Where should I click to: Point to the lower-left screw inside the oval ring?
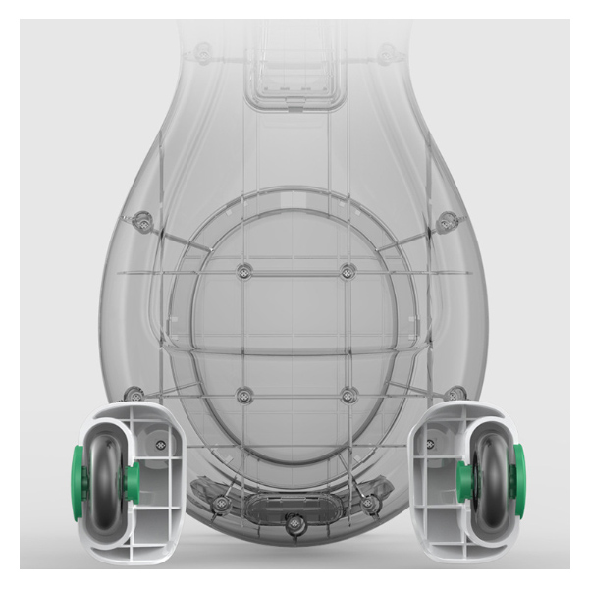(244, 394)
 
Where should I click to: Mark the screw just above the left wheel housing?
(134, 395)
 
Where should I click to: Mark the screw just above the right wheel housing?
(455, 395)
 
